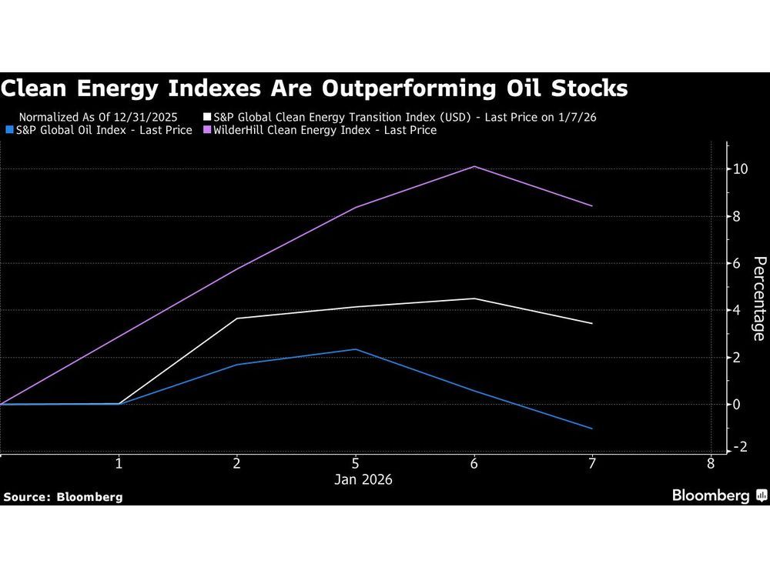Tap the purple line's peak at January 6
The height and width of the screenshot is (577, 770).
coord(474,166)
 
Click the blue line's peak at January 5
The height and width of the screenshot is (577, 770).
coord(355,349)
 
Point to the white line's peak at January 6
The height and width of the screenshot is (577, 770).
coord(474,299)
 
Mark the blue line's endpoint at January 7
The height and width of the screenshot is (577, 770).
coord(592,429)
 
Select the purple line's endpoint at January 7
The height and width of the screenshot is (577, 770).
coord(592,206)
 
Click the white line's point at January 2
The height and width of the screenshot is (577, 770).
coord(237,319)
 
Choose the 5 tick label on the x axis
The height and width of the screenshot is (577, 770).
coord(355,464)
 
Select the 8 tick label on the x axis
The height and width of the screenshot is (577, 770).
coord(710,464)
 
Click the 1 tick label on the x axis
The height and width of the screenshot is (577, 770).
coord(119,464)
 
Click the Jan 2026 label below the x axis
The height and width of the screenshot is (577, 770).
coord(363,480)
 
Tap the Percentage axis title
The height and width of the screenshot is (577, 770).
coord(758,299)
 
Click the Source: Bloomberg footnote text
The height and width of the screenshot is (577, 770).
coord(63,497)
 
